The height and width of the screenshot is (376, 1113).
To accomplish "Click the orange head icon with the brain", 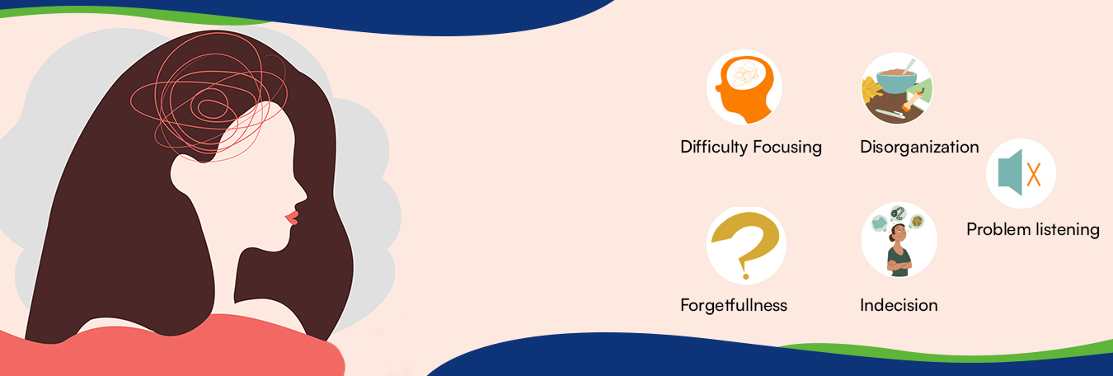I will pos(744,87).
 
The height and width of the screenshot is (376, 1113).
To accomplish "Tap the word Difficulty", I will pos(714,148).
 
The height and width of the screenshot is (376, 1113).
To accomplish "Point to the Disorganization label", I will pos(919,148).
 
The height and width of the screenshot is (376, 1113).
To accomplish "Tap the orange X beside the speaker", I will pos(1033,174).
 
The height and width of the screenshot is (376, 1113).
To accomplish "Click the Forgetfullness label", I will pos(734,305).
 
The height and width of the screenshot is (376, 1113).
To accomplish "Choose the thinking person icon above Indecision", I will pos(899,240).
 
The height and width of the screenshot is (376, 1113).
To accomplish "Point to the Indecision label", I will pos(899,305).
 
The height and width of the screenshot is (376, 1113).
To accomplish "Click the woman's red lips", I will pos(291,218).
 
